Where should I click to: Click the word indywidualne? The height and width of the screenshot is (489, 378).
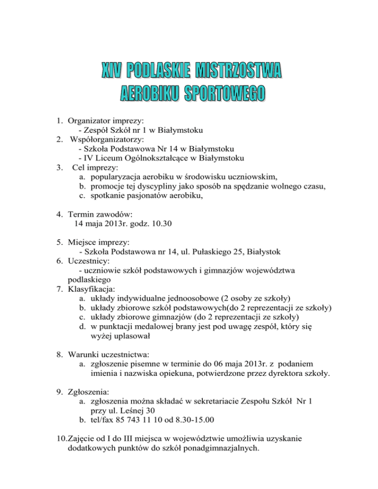click(x=141, y=298)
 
